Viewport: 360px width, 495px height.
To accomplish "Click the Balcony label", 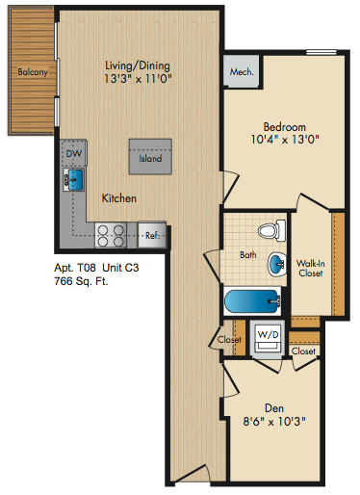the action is coord(33,71).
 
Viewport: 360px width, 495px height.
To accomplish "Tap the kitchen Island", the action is coord(150,157).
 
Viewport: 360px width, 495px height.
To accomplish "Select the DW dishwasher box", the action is coord(74,153).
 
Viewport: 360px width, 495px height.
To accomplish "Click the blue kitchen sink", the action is coord(75,178).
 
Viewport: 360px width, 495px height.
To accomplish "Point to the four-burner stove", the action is coord(111,235).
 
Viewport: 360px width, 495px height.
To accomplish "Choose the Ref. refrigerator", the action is coord(152,235).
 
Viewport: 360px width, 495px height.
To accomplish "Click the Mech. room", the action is coord(242,71).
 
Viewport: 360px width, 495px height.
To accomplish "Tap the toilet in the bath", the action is coord(271,230).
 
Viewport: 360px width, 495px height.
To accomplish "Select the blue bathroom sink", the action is coord(277,264).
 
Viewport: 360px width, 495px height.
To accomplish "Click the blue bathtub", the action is coord(252,301).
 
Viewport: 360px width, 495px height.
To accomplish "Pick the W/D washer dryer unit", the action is coord(268,340).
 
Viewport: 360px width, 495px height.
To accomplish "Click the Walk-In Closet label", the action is coord(310,268).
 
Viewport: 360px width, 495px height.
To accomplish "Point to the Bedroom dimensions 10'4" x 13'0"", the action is coord(285,140).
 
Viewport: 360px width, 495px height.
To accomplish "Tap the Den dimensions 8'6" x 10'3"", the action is coord(274,421).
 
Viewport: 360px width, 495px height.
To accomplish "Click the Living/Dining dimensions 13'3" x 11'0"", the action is coord(138,78).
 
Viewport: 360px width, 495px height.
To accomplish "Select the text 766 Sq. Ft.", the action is coord(81,281).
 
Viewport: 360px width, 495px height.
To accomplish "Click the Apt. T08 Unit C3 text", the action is coord(96,268).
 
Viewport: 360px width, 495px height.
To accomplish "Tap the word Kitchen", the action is coord(119,198).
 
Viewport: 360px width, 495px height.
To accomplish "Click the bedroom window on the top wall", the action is coord(321,52).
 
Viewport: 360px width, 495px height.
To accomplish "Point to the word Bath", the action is coord(248,255).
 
